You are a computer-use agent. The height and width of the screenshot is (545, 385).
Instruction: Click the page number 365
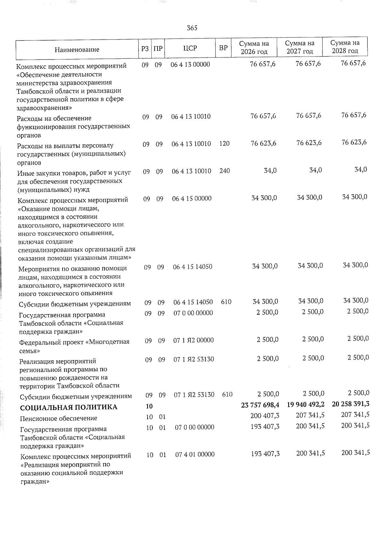point(192,28)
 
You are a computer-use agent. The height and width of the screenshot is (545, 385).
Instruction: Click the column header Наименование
point(77,50)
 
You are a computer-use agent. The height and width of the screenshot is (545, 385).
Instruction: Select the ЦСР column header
point(190,48)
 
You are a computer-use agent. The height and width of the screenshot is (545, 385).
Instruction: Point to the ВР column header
point(223,48)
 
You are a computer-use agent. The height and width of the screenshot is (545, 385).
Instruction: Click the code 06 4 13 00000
point(191,65)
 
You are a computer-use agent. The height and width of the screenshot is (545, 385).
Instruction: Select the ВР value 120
point(225,144)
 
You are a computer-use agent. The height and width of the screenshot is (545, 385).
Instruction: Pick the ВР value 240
point(225,171)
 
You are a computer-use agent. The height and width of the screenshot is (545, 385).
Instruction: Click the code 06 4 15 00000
point(192,198)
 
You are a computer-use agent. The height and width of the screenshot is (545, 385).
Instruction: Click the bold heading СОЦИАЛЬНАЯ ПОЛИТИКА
point(69,408)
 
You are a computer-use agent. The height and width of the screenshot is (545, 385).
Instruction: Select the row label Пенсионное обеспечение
point(58,418)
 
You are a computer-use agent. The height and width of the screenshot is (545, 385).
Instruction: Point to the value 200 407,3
point(265,416)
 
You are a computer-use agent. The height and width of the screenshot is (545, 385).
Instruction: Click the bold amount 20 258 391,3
point(351,404)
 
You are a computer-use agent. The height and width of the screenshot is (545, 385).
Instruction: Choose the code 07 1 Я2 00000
point(193,340)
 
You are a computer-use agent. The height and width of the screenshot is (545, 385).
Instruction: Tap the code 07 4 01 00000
point(195,454)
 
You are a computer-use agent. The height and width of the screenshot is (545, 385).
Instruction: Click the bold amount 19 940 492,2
point(306,404)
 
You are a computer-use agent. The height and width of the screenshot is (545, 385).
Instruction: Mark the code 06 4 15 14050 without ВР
point(193,267)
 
